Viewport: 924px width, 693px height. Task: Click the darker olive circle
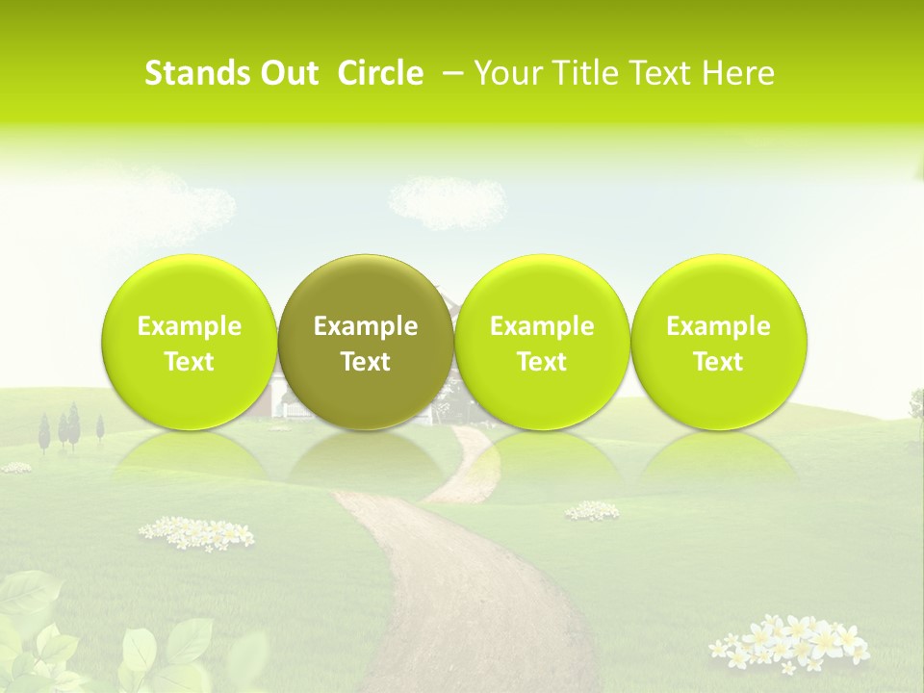click(366, 342)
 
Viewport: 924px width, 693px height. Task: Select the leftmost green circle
click(189, 342)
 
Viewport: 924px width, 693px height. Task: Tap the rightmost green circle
click(718, 342)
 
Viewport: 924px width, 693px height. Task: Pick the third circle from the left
click(542, 342)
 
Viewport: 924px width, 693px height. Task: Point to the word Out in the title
click(286, 73)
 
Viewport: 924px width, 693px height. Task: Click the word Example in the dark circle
click(366, 326)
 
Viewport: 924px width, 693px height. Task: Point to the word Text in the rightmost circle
click(718, 362)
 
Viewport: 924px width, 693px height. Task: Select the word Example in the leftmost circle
click(189, 326)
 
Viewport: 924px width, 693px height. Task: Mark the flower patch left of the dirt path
click(196, 531)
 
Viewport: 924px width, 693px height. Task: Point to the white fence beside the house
click(298, 411)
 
